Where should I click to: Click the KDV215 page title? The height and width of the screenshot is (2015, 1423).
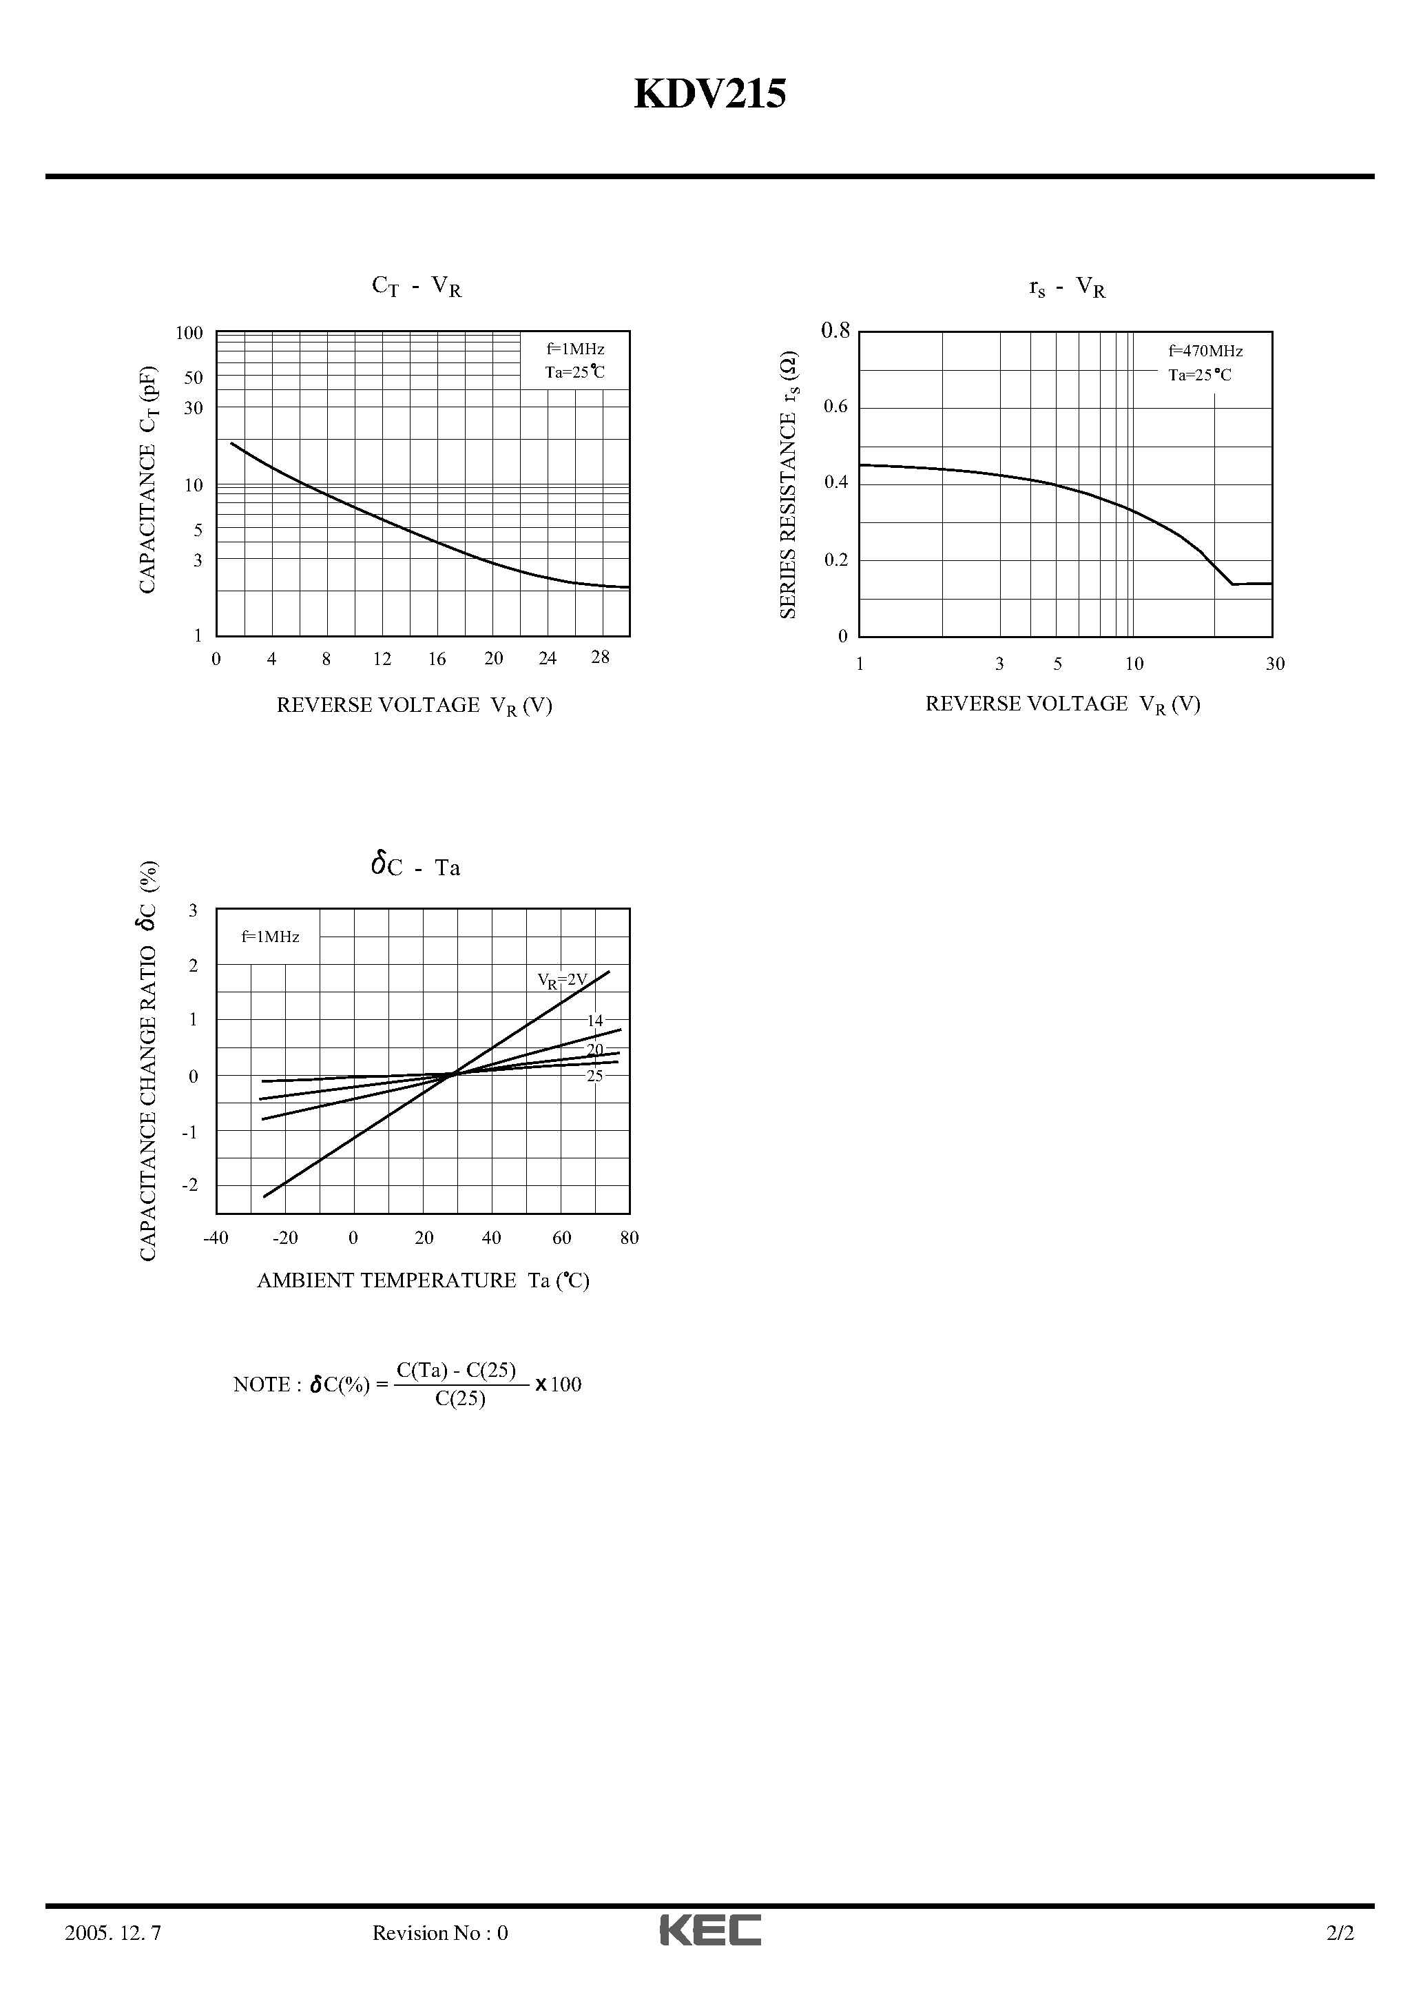point(709,94)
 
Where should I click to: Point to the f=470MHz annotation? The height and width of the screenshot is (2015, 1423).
point(1205,351)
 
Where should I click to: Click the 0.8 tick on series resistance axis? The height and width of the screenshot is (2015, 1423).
point(835,331)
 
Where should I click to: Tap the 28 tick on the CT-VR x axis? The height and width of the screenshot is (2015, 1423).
point(600,657)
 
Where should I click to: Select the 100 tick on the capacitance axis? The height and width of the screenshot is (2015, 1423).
point(189,334)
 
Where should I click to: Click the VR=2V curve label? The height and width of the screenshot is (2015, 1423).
point(562,979)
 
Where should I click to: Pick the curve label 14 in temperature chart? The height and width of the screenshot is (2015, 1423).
point(596,1021)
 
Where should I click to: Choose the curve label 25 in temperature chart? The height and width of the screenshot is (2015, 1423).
point(596,1076)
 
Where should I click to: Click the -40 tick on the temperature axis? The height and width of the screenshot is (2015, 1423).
point(216,1238)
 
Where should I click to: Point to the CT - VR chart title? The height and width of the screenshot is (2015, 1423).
point(417,287)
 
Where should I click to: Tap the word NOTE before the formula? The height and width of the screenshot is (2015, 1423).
point(260,1385)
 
